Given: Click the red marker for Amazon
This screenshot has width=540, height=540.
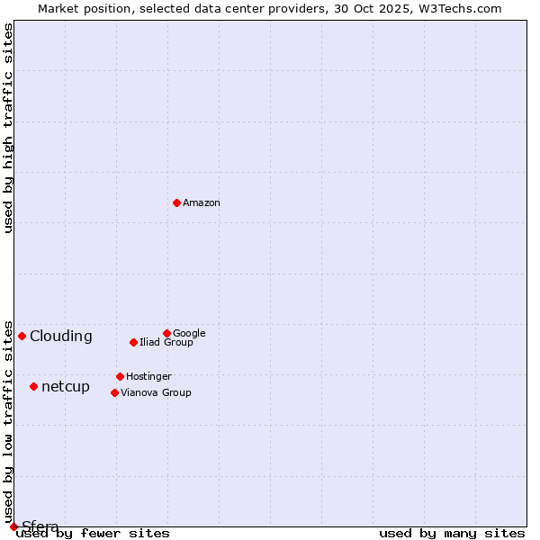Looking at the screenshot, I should pos(176,202).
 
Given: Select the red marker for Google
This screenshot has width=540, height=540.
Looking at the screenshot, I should pos(166,333).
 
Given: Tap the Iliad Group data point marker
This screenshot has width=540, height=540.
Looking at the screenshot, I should pos(133,342).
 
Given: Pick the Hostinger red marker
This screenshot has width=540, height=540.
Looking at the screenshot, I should pos(120,376).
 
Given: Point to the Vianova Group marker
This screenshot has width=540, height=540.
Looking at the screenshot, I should pos(114,392).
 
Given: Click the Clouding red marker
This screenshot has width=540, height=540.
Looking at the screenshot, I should pos(22,336).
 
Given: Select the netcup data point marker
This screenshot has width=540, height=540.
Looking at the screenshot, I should pos(33,386).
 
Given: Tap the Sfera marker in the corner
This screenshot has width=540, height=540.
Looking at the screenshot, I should pos(13,526).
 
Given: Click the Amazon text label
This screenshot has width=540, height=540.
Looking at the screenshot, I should pos(202,202).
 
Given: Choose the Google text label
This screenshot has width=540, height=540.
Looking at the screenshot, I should pos(189,333).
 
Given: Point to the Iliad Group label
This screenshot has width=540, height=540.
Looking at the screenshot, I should pos(166,342).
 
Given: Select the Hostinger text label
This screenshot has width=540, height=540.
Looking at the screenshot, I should pos(148,376).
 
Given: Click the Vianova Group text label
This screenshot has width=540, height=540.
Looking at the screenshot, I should pos(156,392).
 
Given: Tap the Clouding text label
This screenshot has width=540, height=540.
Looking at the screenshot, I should pos(61,337).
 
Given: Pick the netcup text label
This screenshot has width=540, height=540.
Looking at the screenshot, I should pos(66,387).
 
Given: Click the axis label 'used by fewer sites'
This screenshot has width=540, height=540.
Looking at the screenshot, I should pos(94,534).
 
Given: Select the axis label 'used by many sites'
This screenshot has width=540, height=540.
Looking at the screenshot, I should pos(452,534).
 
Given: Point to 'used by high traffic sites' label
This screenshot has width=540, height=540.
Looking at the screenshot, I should pos(9,128).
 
